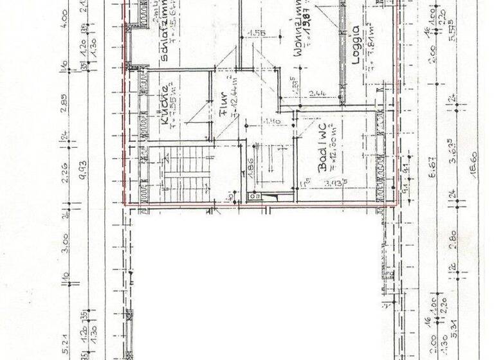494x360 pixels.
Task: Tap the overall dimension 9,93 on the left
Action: tap(83, 170)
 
